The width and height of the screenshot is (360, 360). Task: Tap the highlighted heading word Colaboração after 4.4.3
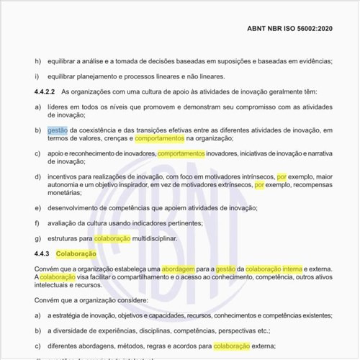point(76,253)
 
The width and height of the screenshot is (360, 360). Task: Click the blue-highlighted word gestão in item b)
point(58,130)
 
